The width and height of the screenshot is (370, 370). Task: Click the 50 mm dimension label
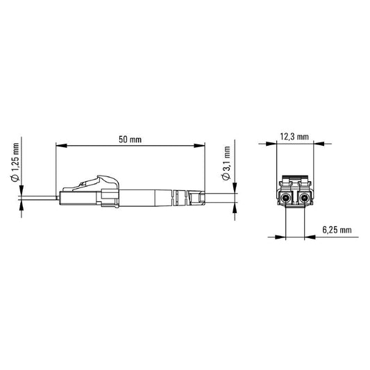tap(130, 140)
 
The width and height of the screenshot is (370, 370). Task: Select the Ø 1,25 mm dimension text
tap(15, 164)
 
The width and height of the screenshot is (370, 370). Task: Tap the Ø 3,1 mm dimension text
tap(226, 164)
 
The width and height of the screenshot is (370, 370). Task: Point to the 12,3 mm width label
tap(296, 137)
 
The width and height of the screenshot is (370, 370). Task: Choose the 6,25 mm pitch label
tap(337, 229)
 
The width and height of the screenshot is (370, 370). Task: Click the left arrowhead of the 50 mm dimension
tap(59, 146)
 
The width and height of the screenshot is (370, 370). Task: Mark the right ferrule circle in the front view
tap(305, 200)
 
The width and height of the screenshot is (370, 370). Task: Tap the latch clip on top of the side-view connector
tap(97, 179)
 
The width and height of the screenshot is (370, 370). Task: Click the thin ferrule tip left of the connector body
tap(42, 197)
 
